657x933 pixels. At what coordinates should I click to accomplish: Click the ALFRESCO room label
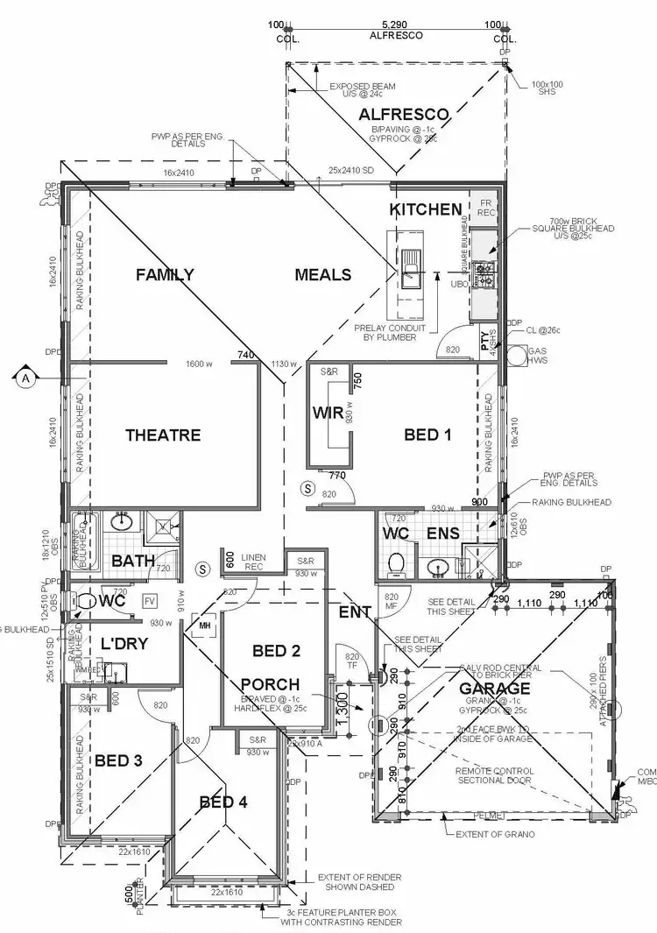click(403, 114)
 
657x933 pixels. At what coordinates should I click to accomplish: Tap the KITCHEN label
click(425, 209)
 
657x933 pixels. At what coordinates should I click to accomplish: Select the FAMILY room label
click(165, 275)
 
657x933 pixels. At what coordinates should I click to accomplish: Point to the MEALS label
click(322, 275)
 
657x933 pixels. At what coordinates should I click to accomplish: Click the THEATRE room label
click(163, 435)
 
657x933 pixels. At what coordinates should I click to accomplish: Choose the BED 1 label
click(427, 435)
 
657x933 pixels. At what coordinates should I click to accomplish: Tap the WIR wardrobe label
click(328, 413)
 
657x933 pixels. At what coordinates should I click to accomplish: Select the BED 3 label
click(118, 760)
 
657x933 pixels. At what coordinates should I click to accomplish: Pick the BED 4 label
click(223, 802)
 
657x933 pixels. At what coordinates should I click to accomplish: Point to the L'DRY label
click(124, 644)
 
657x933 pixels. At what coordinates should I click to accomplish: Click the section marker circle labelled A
click(25, 378)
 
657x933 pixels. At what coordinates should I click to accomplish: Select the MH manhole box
click(203, 626)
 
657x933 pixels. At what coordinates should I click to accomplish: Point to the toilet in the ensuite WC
click(396, 563)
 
